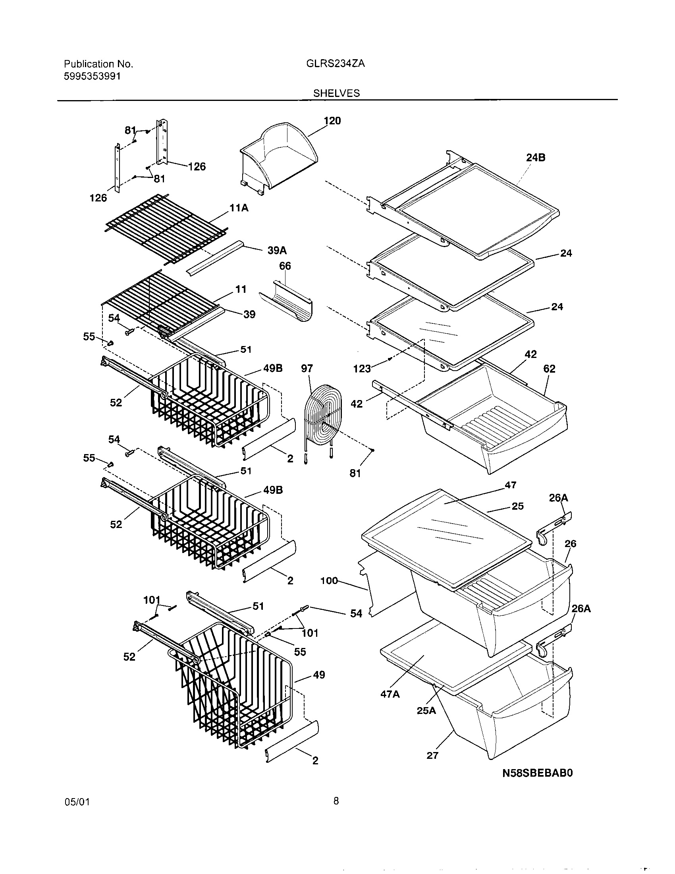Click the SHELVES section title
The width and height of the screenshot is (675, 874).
click(336, 93)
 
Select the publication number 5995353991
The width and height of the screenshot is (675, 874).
click(92, 76)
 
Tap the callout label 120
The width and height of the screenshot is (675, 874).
click(332, 121)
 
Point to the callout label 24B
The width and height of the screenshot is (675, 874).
click(536, 158)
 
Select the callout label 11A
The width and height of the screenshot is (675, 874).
click(239, 208)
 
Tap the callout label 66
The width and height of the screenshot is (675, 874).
click(285, 266)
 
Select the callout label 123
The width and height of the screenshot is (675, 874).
click(362, 369)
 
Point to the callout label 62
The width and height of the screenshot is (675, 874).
click(549, 369)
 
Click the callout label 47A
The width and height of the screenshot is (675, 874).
click(390, 694)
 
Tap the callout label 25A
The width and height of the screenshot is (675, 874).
click(426, 711)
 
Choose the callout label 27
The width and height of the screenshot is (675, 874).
click(432, 756)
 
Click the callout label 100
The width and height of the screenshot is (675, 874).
click(329, 581)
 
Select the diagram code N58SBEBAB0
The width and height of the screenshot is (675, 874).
click(538, 773)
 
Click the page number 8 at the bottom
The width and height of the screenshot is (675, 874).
click(336, 812)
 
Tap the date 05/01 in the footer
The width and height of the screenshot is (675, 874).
click(77, 813)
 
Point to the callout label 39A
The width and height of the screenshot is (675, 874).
click(277, 251)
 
